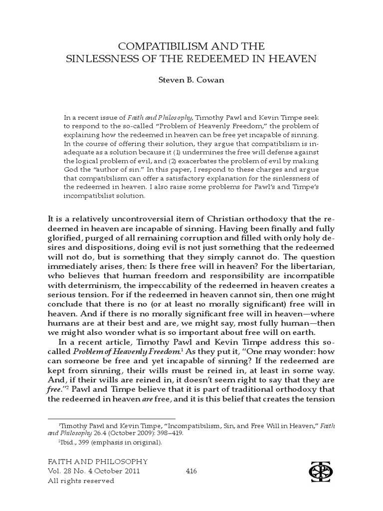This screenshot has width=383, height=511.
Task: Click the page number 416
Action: [192, 471]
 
